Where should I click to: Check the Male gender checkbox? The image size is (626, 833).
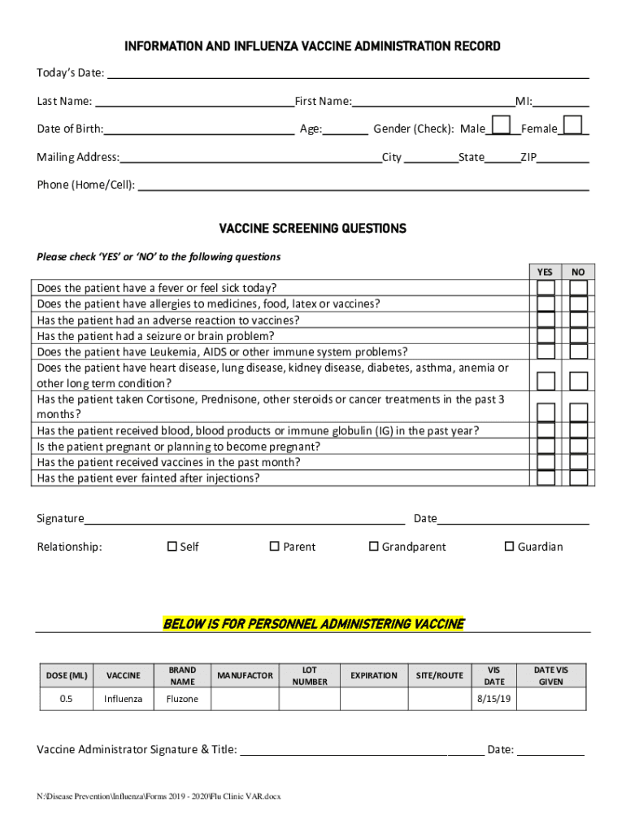pyautogui.click(x=502, y=124)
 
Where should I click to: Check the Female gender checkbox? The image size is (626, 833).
pyautogui.click(x=572, y=124)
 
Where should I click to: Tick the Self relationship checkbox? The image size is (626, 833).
pyautogui.click(x=172, y=547)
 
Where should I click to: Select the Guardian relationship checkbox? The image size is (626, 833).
pyautogui.click(x=510, y=547)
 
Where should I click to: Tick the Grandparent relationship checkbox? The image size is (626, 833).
pyautogui.click(x=374, y=547)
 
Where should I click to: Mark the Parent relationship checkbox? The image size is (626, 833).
pyautogui.click(x=275, y=547)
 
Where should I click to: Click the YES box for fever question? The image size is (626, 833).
pyautogui.click(x=546, y=288)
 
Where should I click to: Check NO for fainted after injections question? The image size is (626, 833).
pyautogui.click(x=578, y=478)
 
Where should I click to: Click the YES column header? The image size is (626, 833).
pyautogui.click(x=546, y=272)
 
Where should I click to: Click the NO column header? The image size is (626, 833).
pyautogui.click(x=578, y=272)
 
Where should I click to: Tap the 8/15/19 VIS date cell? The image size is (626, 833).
pyautogui.click(x=494, y=699)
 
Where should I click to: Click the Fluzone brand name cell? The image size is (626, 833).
pyautogui.click(x=182, y=699)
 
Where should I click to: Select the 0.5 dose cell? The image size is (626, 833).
pyautogui.click(x=67, y=699)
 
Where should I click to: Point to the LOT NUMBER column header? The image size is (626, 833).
pyautogui.click(x=310, y=676)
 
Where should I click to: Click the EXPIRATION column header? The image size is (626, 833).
pyautogui.click(x=374, y=676)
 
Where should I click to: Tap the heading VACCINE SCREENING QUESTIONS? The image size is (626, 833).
pyautogui.click(x=313, y=229)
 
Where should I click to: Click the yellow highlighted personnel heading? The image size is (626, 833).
pyautogui.click(x=313, y=624)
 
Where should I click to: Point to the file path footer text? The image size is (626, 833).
pyautogui.click(x=159, y=796)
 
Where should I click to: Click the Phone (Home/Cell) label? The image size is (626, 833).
pyautogui.click(x=85, y=185)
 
